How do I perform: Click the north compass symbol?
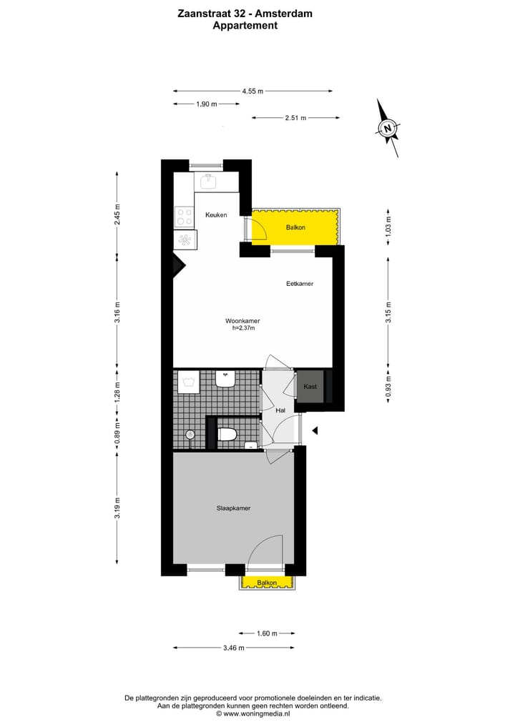(387, 129)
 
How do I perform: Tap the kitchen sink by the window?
(209, 181)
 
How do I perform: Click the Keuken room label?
(216, 215)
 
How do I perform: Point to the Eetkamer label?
(300, 284)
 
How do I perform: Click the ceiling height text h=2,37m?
(243, 329)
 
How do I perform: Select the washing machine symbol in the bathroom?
(190, 382)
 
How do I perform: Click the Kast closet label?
(310, 387)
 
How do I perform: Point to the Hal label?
(280, 410)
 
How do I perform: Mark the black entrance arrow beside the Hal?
(313, 430)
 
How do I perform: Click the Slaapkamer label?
(233, 508)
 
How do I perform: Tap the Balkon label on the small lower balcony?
(267, 583)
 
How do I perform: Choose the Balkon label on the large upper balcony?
(295, 227)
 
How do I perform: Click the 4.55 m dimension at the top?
(252, 91)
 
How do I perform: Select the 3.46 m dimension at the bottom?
(233, 648)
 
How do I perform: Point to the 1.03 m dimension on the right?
(388, 227)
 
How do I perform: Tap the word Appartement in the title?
(245, 25)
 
